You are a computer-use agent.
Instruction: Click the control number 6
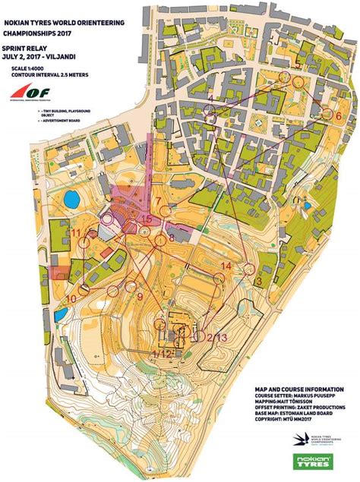tap(339, 116)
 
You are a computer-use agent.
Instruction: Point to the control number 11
tap(76, 232)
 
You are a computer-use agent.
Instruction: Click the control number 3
tap(259, 282)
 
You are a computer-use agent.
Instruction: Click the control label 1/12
tap(162, 353)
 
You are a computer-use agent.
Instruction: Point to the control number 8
tap(172, 238)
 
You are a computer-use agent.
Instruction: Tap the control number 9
tap(141, 297)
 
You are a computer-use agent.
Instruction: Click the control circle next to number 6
tap(327, 114)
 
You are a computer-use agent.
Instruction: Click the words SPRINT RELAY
tap(27, 47)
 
